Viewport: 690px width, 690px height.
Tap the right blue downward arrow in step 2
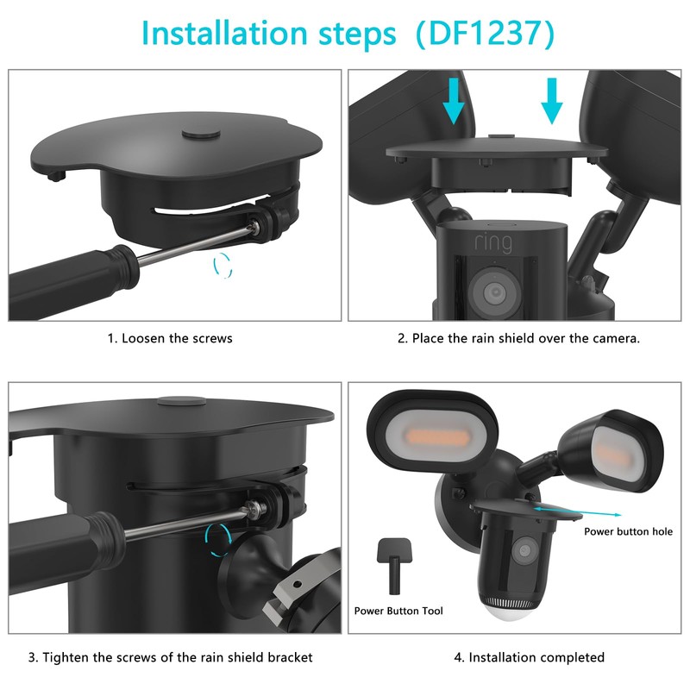[x=552, y=102]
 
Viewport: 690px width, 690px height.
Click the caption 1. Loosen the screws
[x=170, y=338]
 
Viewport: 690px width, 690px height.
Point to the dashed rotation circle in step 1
[x=223, y=265]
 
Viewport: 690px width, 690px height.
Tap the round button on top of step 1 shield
[x=201, y=135]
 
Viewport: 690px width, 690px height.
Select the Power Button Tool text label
[x=398, y=611]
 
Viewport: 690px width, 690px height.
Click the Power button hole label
[x=628, y=531]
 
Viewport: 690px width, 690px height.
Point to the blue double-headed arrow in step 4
[x=555, y=511]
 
